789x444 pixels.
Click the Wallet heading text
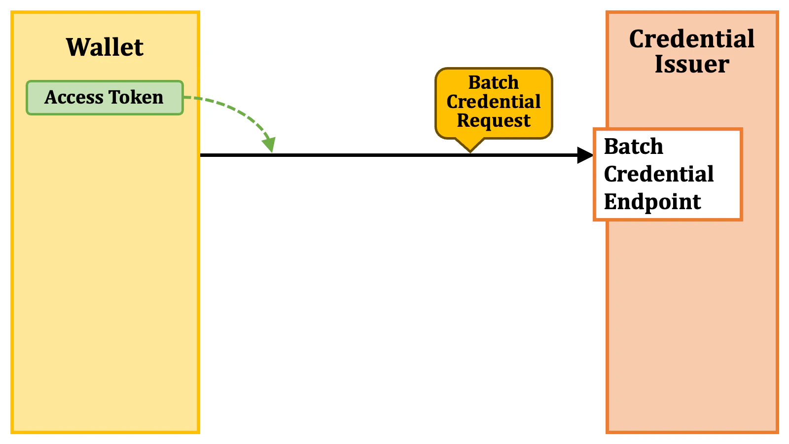pyautogui.click(x=105, y=47)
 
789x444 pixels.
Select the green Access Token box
pyautogui.click(x=105, y=98)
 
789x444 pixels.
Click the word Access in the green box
pyautogui.click(x=73, y=97)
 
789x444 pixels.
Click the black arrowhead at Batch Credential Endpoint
pyautogui.click(x=585, y=155)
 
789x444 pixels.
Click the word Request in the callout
pyautogui.click(x=494, y=121)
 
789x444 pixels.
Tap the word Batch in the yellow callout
pyautogui.click(x=494, y=82)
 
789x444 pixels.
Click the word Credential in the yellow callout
pyautogui.click(x=494, y=102)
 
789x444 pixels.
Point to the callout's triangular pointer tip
pyautogui.click(x=470, y=151)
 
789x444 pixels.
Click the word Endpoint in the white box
pyautogui.click(x=652, y=202)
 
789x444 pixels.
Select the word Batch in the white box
pyautogui.click(x=634, y=147)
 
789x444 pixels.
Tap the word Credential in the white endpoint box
pyautogui.click(x=659, y=174)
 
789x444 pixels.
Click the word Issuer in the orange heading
pyautogui.click(x=692, y=65)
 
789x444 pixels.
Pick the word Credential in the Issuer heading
pyautogui.click(x=692, y=39)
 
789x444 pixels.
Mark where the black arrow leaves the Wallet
pyautogui.click(x=201, y=155)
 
